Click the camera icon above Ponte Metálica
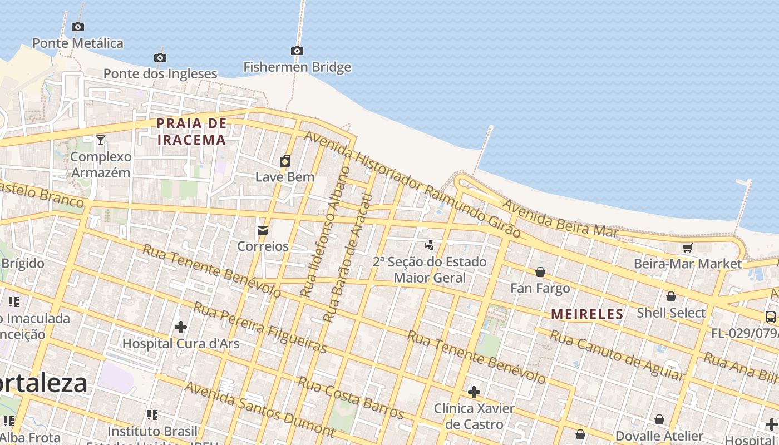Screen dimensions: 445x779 (x=78, y=27)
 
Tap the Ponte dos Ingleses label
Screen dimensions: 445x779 (x=160, y=73)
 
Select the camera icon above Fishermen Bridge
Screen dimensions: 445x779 (x=297, y=51)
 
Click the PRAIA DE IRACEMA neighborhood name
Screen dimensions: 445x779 (x=192, y=131)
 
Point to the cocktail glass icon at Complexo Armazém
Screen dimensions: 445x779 (x=100, y=140)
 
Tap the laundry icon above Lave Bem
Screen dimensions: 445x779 (x=285, y=161)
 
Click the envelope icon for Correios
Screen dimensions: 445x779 (x=263, y=230)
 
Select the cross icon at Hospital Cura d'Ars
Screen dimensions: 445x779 (x=181, y=327)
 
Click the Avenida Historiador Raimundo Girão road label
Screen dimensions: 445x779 (x=412, y=184)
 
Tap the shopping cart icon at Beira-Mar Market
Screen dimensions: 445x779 (x=688, y=248)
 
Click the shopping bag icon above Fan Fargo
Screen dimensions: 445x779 (x=540, y=272)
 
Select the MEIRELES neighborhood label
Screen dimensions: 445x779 (x=587, y=314)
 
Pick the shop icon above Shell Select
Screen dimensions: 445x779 (x=671, y=296)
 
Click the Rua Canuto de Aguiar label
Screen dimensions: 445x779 (x=617, y=355)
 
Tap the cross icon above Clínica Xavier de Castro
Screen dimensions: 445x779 (x=474, y=392)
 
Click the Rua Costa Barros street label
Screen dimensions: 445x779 (x=351, y=398)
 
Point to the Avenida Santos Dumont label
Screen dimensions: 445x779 (x=259, y=409)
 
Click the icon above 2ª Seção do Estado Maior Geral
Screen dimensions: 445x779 (x=429, y=245)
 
